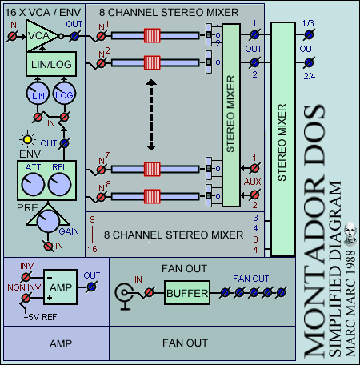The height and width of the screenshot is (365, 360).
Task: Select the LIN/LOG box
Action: coord(51,64)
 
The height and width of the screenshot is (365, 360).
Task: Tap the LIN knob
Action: coord(38,93)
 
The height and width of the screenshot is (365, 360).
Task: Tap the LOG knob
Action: coord(64,93)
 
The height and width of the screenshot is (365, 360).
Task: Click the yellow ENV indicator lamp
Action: coord(27,139)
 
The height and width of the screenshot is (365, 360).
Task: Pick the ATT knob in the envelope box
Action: coord(33,184)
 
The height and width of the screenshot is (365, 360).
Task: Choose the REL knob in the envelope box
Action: coord(59,184)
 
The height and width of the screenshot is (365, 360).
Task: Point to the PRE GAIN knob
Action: coord(48,221)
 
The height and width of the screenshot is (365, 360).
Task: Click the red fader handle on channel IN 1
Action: coord(152,35)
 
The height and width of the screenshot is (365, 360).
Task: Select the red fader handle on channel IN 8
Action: coord(152,197)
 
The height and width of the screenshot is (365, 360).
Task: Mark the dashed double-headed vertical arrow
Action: coord(151,115)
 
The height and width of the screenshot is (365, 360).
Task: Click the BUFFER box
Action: coord(187,292)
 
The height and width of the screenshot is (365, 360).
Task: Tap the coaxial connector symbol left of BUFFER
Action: coord(124,295)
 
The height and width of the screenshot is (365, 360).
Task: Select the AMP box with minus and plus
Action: coord(60,287)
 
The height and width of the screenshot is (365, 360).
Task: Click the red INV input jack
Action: coord(26,277)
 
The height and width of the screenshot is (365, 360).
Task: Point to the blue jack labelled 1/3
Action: coord(309,34)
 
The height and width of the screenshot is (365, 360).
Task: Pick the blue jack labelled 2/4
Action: coord(309,62)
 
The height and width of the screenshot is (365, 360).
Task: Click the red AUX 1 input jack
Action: coord(254,168)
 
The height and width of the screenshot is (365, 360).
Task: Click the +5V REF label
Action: coord(40,317)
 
